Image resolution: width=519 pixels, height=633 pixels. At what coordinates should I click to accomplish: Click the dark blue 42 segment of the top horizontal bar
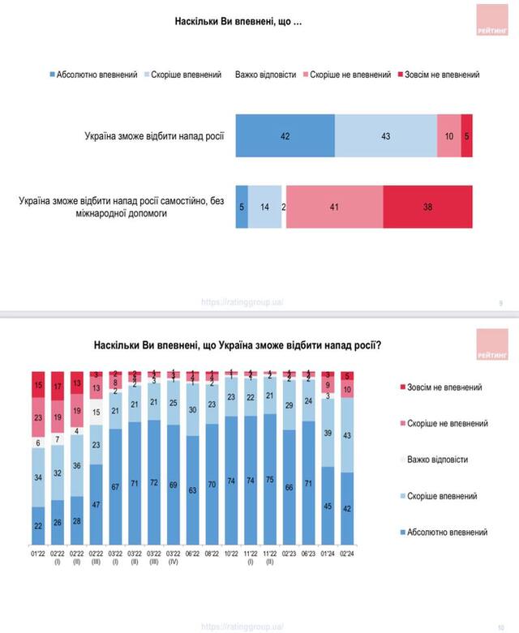pyautogui.click(x=285, y=135)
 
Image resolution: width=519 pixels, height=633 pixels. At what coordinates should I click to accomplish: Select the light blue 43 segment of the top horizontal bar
pyautogui.click(x=385, y=135)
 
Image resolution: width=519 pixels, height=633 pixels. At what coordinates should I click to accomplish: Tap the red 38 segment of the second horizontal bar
pyautogui.click(x=427, y=207)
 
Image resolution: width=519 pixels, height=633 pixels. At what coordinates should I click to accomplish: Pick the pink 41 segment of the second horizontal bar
pyautogui.click(x=333, y=207)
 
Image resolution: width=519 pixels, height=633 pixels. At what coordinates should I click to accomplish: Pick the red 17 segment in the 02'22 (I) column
pyautogui.click(x=58, y=387)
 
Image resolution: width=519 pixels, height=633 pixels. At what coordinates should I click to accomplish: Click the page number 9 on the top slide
pyautogui.click(x=500, y=302)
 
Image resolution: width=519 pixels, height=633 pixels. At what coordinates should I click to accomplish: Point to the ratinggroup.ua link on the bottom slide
pyautogui.click(x=242, y=626)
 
